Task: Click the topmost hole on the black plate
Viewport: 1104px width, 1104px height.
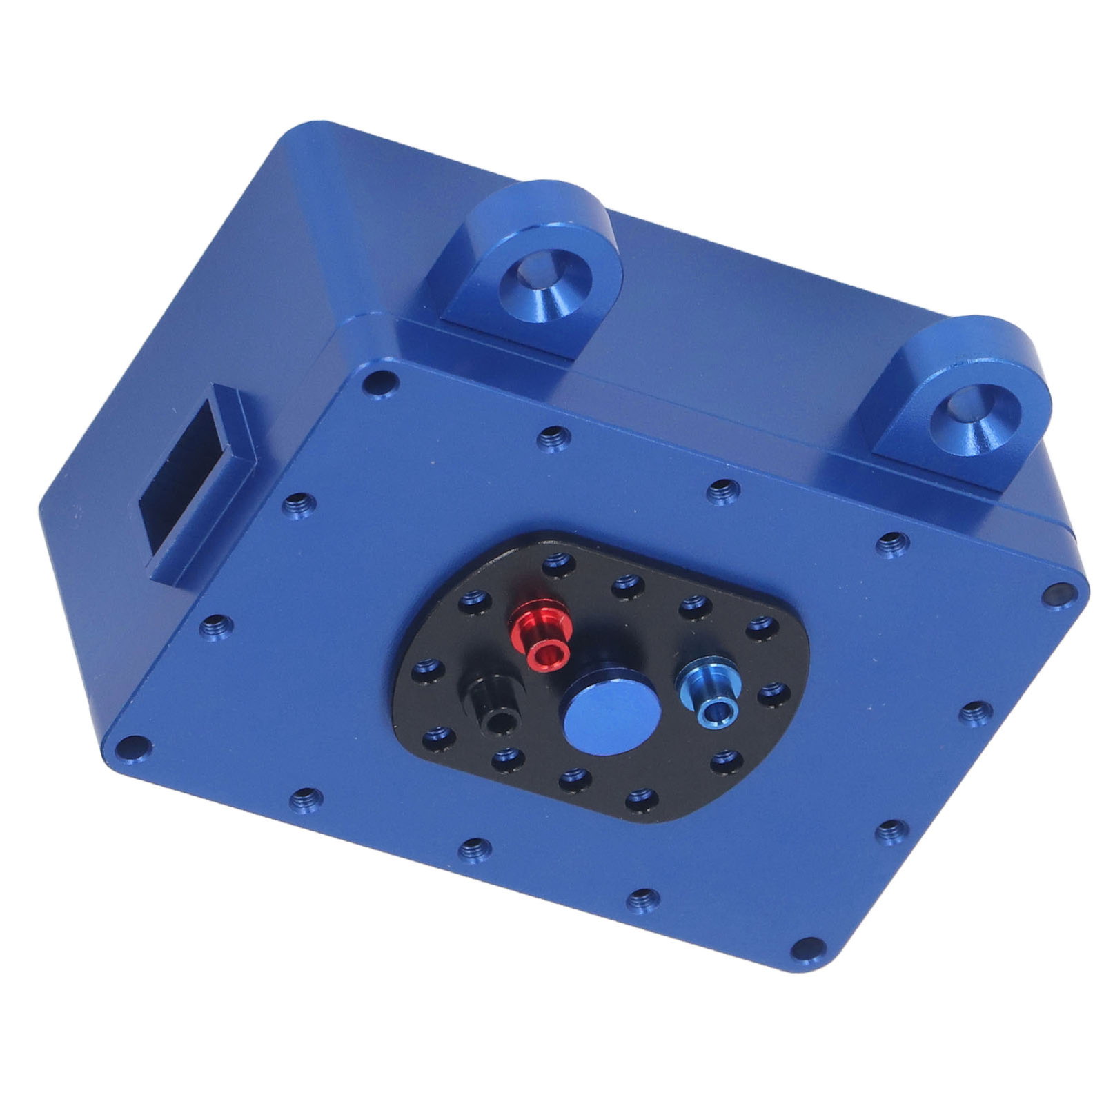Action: (559, 564)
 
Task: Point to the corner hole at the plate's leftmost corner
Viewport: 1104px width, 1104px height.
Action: (133, 746)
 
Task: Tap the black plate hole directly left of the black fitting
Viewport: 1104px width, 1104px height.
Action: (428, 669)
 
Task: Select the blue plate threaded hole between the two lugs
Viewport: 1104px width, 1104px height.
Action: (722, 491)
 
